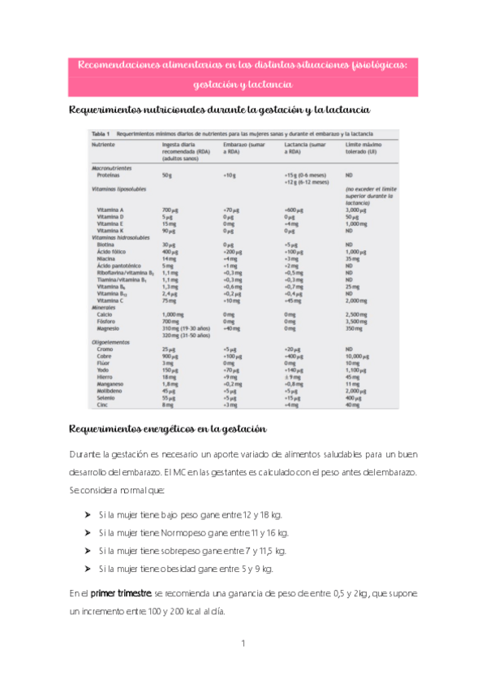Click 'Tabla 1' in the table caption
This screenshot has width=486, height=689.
101,132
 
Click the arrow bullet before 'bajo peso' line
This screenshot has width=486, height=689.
87,515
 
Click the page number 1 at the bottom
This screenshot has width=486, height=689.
243,643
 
